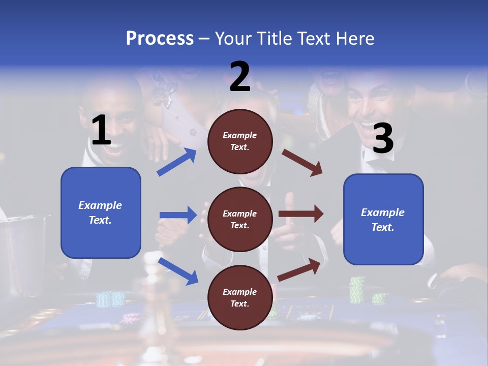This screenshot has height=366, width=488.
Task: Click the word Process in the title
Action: click(x=160, y=38)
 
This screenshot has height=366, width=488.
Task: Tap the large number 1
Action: click(x=101, y=131)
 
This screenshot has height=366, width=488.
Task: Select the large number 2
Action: click(x=240, y=77)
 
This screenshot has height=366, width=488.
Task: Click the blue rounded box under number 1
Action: click(x=101, y=212)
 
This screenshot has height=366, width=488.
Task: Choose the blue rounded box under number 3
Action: click(x=383, y=220)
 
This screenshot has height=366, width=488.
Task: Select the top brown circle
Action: click(x=240, y=141)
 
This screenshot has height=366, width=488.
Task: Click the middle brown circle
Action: click(x=240, y=220)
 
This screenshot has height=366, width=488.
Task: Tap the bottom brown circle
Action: click(x=240, y=298)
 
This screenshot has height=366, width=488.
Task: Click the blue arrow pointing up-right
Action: click(x=177, y=162)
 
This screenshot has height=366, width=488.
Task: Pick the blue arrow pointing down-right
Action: click(x=178, y=271)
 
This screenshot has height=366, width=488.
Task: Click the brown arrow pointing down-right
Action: click(x=302, y=162)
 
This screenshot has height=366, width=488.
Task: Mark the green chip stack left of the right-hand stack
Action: click(x=357, y=290)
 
